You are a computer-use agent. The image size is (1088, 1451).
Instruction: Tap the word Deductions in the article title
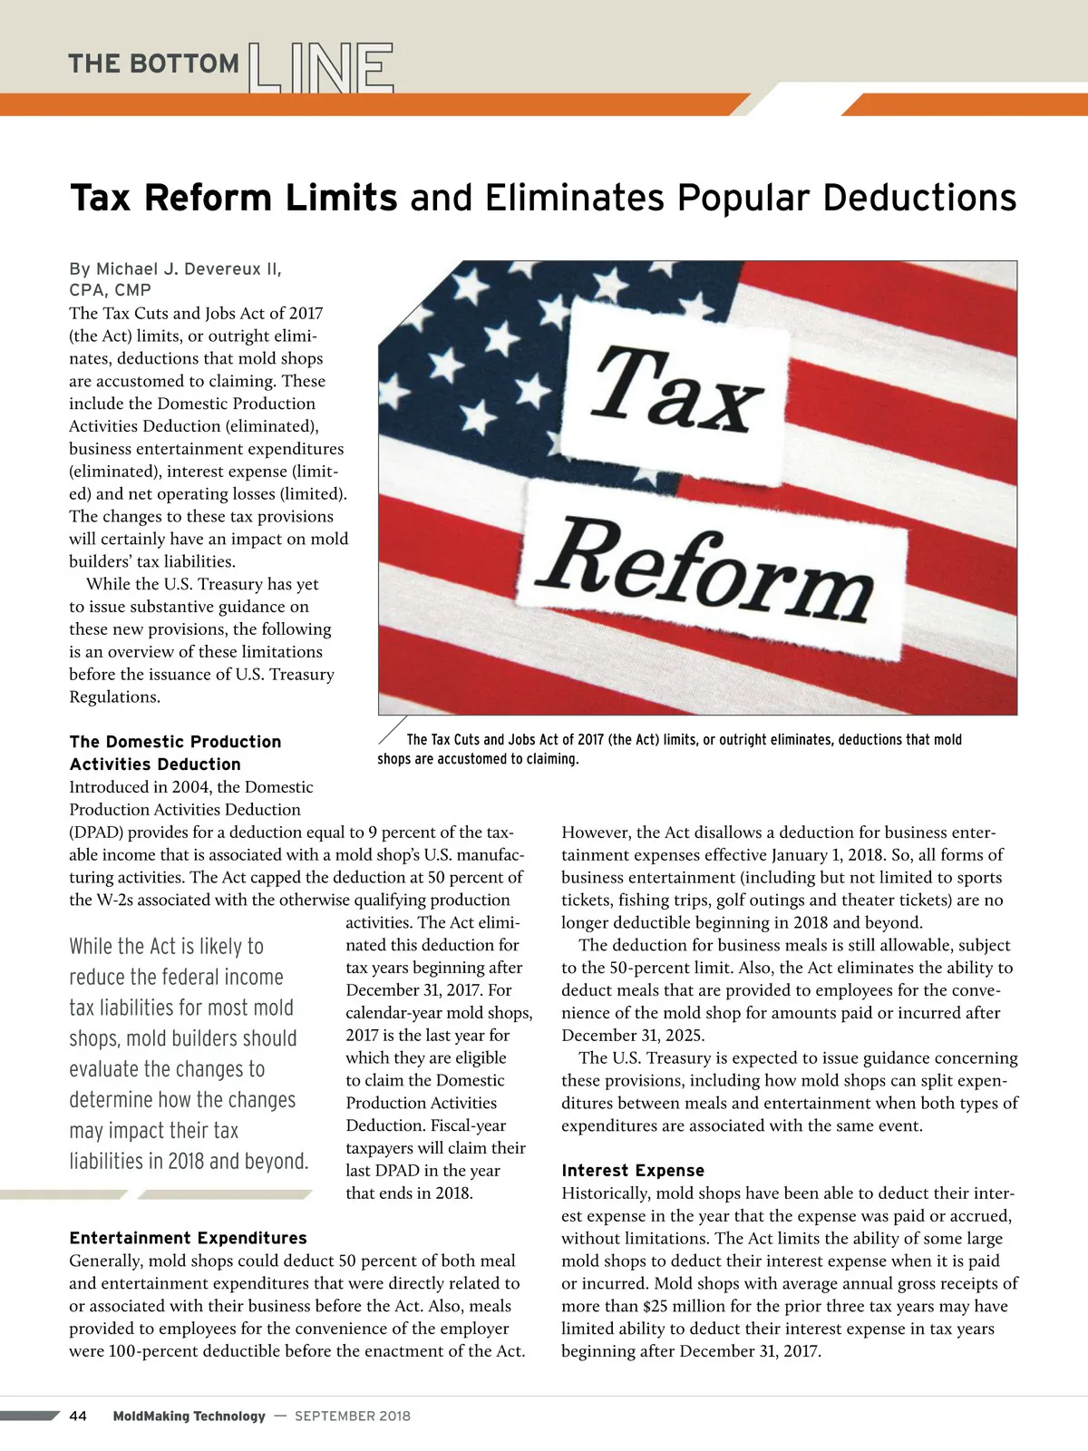point(919,198)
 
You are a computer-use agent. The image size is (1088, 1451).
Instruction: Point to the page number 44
point(78,1416)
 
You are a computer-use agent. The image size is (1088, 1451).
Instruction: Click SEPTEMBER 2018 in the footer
point(353,1416)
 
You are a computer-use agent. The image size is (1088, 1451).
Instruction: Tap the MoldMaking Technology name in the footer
point(189,1416)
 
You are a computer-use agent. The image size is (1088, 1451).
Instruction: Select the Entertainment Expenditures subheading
point(188,1238)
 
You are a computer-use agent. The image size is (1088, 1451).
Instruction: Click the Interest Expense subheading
point(632,1171)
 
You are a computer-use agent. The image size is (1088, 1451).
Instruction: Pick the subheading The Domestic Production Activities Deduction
point(175,753)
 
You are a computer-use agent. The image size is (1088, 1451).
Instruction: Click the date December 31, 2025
point(632,1036)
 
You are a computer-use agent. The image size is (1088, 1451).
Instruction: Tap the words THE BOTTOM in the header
point(153,64)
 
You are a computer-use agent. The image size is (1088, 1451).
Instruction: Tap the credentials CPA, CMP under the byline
point(110,290)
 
